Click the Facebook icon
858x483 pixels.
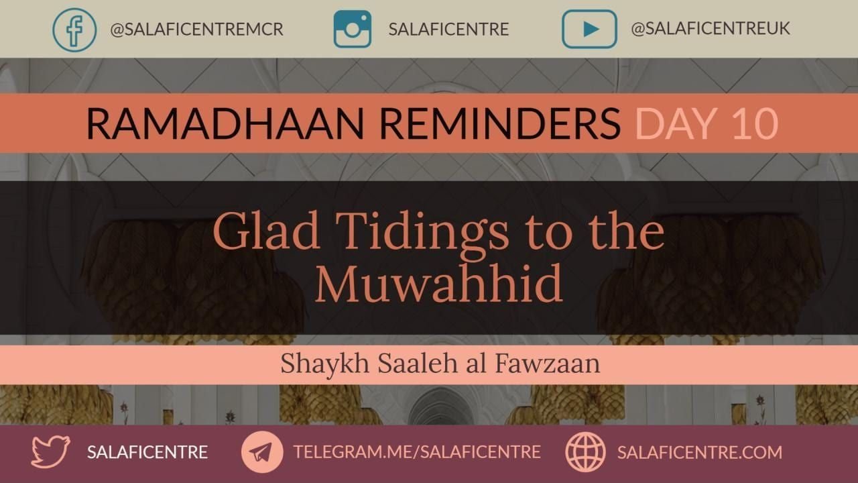pyautogui.click(x=74, y=30)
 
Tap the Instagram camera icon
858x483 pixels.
pyautogui.click(x=353, y=29)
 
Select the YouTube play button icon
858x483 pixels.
pyautogui.click(x=589, y=29)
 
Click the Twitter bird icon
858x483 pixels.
pyautogui.click(x=50, y=451)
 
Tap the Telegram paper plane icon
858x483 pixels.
pyautogui.click(x=262, y=452)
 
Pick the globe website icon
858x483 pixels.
pyautogui.click(x=586, y=452)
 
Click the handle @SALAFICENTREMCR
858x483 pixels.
pyautogui.click(x=197, y=30)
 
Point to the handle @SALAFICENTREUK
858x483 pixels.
pyautogui.click(x=711, y=29)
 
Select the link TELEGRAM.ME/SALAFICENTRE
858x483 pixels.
pyautogui.click(x=417, y=452)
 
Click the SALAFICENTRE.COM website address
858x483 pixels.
pyautogui.click(x=700, y=453)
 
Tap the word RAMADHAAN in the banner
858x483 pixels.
pyautogui.click(x=225, y=123)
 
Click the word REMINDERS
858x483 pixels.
pyautogui.click(x=500, y=123)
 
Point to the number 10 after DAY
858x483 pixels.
pyautogui.click(x=755, y=123)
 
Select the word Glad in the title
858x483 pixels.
pyautogui.click(x=266, y=231)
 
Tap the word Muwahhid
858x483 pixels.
pyautogui.click(x=439, y=283)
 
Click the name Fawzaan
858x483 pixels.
pyautogui.click(x=548, y=364)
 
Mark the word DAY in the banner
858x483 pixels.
pyautogui.click(x=676, y=123)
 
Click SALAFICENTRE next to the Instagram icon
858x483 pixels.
pyautogui.click(x=449, y=30)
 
